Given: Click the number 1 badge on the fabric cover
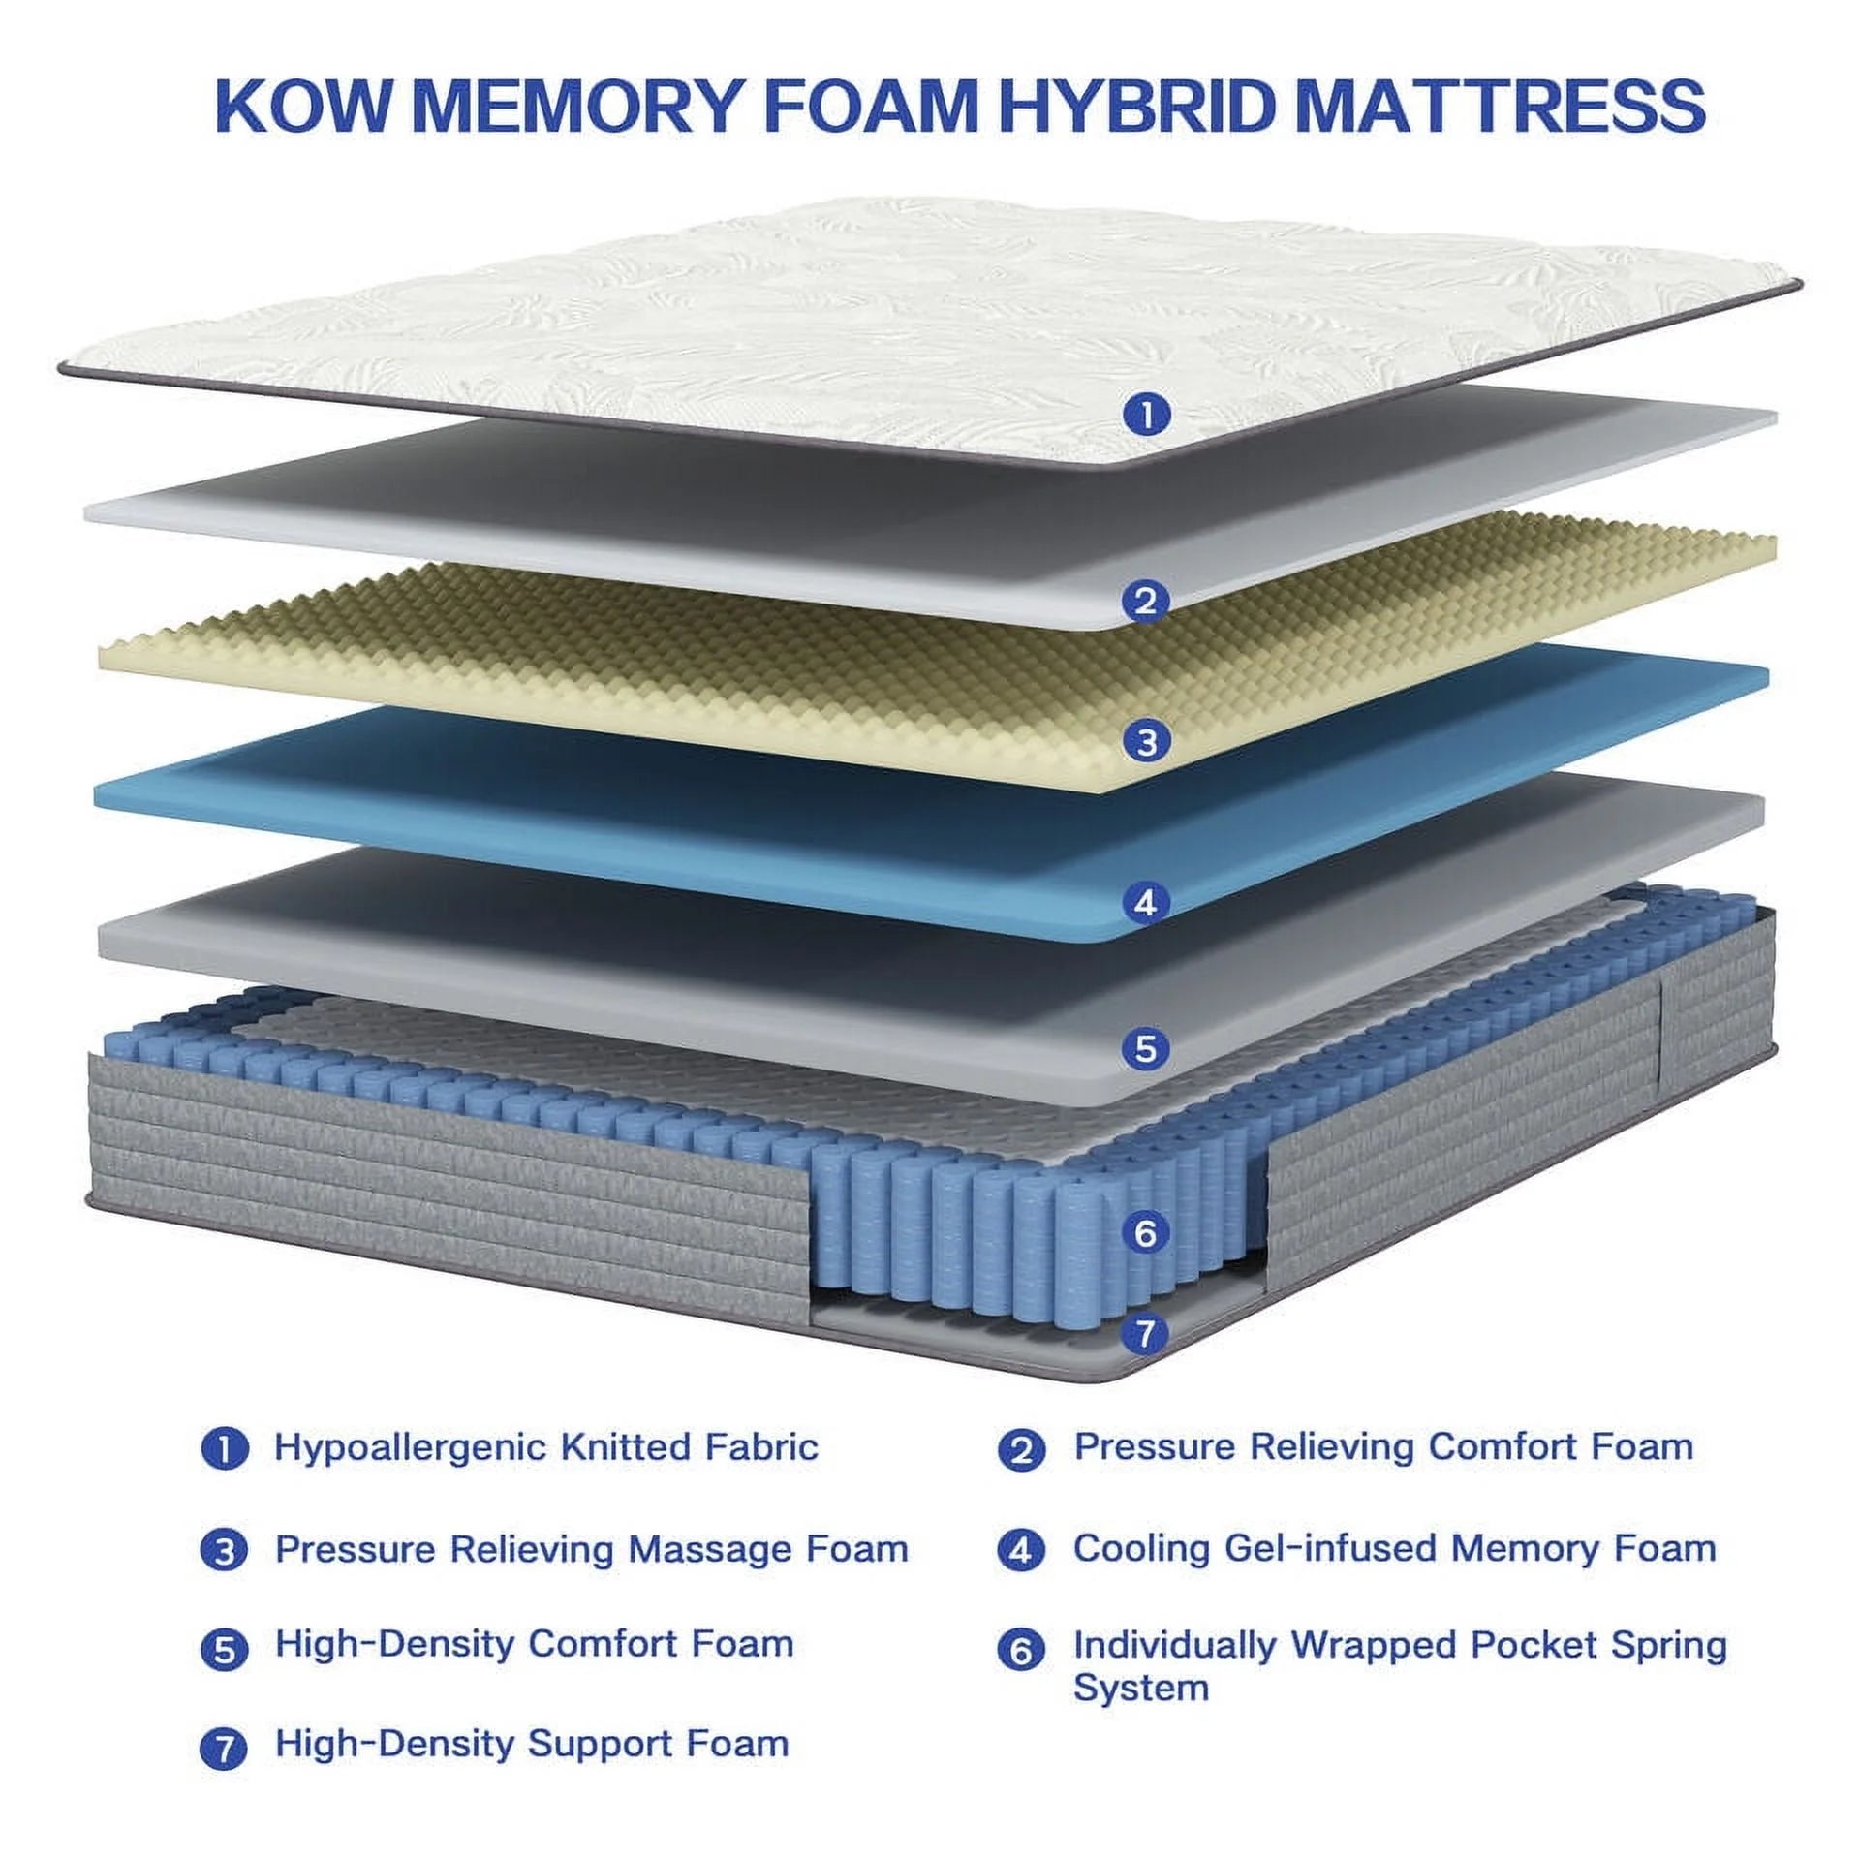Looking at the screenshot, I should point(1146,416).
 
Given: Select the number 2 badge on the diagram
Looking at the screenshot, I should point(1146,601).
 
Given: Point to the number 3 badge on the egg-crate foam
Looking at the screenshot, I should point(1146,742).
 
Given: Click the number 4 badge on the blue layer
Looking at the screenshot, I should point(1146,903).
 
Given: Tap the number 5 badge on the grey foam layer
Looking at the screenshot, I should point(1146,1048).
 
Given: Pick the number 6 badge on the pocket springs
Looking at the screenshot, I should point(1146,1233).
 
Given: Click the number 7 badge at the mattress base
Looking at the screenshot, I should point(1146,1334).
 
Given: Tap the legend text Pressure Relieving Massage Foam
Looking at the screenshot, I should point(591,1549).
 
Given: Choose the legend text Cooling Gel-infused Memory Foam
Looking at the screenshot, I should point(1394,1548).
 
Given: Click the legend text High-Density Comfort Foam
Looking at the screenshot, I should point(534,1644).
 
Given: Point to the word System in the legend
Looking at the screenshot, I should point(1140,1688).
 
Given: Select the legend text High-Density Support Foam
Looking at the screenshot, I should point(532,1744).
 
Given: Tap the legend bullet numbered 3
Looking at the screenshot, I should point(225,1552).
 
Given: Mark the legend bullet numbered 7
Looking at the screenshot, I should point(225,1749).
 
